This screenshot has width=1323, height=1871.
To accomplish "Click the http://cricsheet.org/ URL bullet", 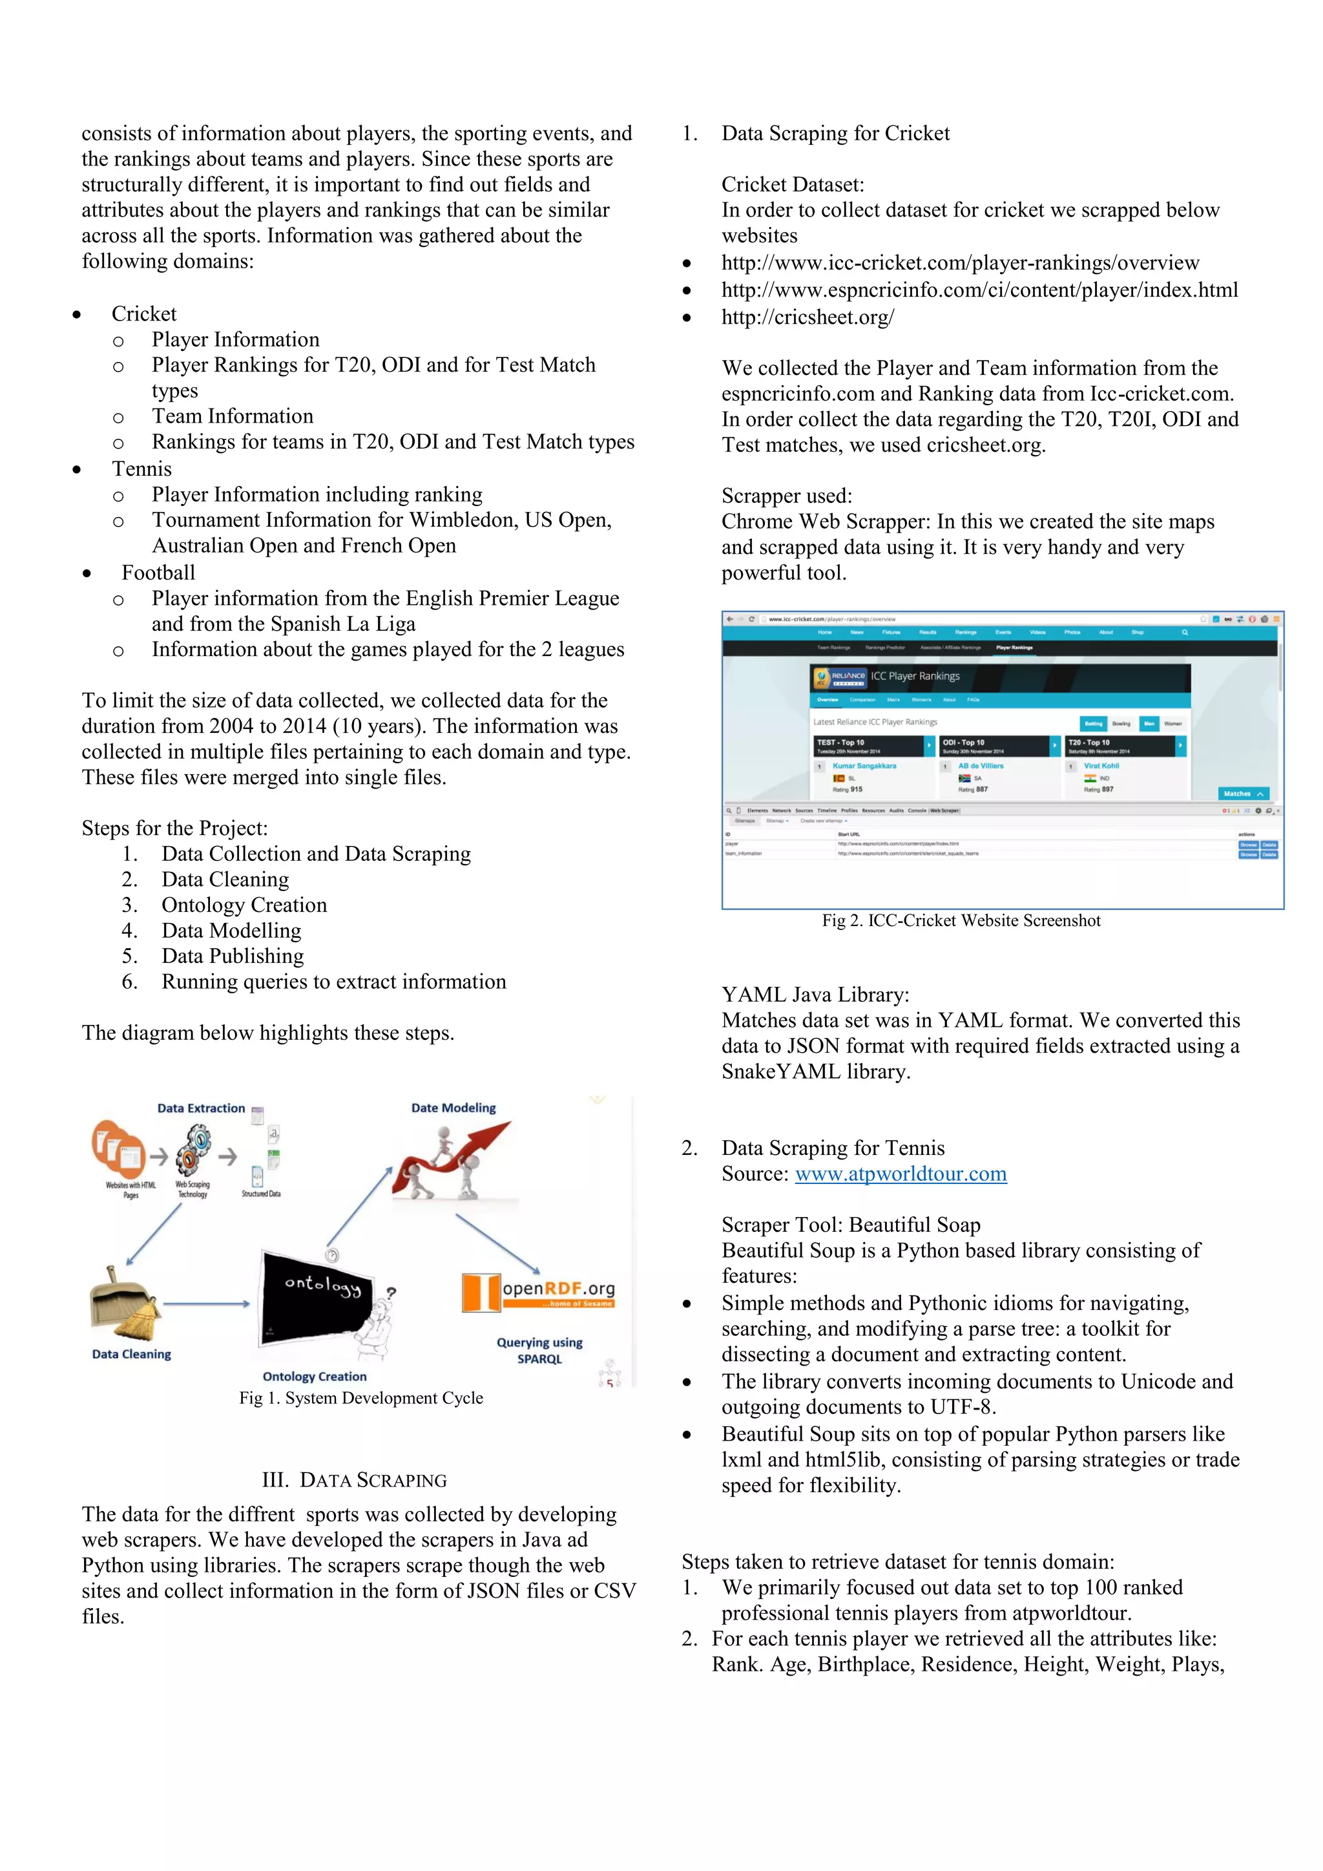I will [807, 317].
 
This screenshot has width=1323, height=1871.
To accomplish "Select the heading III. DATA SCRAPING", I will [355, 1480].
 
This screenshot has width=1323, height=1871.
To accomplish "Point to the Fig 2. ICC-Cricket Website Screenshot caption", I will [961, 920].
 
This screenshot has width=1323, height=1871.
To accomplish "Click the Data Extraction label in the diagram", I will [200, 1108].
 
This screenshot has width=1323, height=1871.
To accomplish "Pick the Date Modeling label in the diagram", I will [453, 1108].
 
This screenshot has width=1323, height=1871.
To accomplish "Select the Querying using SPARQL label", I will [539, 1350].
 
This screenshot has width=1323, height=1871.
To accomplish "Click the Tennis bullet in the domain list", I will [141, 469].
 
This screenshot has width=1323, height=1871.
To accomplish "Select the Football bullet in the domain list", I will [158, 572].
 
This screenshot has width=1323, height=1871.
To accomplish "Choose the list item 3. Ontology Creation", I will [244, 905].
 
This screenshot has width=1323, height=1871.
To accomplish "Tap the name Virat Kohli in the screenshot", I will [1101, 766].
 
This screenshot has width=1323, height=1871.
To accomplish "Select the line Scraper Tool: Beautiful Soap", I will [851, 1225].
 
